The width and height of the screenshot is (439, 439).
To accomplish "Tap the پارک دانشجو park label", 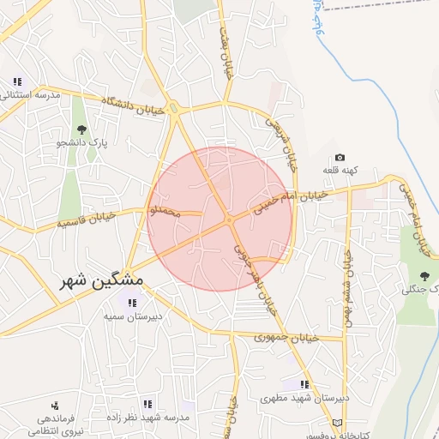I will tap(83, 143).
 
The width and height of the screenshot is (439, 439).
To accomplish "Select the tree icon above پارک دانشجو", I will tap(82, 129).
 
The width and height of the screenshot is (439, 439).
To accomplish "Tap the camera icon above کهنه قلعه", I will tap(340, 158).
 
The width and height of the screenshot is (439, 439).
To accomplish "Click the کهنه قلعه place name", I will tap(340, 171).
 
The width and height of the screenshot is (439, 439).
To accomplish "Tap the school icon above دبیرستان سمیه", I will tap(131, 302).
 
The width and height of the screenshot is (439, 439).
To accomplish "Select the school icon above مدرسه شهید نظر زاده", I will tap(147, 403).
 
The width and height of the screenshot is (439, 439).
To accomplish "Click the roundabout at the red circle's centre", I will tap(230, 220).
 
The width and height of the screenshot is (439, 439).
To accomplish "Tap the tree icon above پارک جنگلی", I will tap(423, 275).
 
